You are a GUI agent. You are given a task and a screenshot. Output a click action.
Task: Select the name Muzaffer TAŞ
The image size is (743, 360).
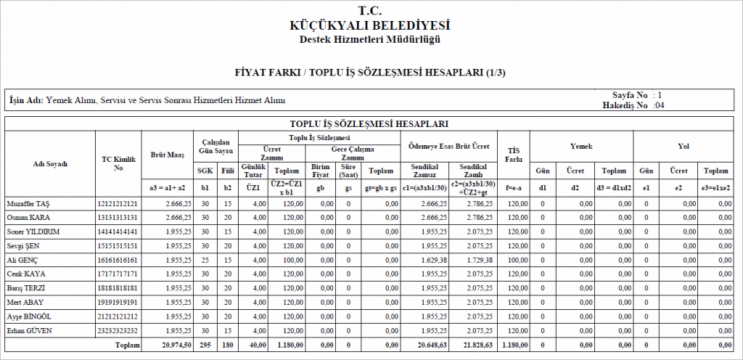28,203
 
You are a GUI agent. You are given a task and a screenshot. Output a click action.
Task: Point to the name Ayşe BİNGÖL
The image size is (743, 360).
28,316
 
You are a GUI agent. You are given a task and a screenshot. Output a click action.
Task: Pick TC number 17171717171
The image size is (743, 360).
118,274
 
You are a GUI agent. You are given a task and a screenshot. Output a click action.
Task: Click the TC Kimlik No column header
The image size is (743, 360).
118,163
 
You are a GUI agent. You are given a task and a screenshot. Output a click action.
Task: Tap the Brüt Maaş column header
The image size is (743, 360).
168,155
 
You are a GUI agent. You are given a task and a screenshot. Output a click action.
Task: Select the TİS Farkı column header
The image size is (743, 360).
514,154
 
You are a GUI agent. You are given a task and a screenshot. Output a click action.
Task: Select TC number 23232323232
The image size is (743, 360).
118,330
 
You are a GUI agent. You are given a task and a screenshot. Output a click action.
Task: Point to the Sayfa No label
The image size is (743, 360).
630,95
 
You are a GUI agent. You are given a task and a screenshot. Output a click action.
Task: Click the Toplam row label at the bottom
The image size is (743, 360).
128,345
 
